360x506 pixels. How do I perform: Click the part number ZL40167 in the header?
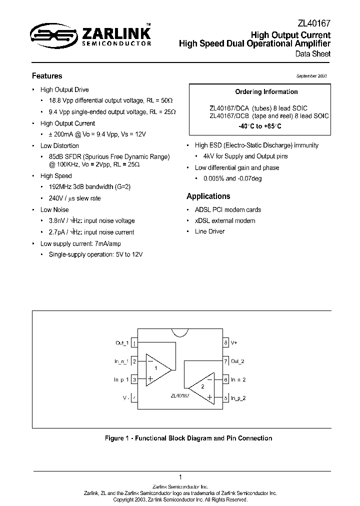(313, 23)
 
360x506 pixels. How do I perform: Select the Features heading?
(47, 76)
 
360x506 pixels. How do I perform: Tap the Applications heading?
(208, 196)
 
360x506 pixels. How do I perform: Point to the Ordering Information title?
(266, 92)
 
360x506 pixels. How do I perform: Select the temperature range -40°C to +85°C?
(260, 126)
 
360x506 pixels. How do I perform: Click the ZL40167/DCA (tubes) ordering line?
(258, 108)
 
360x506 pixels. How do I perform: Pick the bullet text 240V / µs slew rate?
(74, 198)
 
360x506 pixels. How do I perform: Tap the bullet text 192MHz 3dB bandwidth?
(82, 186)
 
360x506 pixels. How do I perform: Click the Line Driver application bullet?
(209, 231)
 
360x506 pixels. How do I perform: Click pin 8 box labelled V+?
(226, 343)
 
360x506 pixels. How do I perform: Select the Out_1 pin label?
(122, 343)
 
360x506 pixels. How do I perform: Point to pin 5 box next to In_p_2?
(226, 398)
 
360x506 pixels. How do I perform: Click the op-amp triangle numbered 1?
(156, 369)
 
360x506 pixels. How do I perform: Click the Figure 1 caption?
(188, 438)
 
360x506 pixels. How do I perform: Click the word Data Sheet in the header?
(312, 54)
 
